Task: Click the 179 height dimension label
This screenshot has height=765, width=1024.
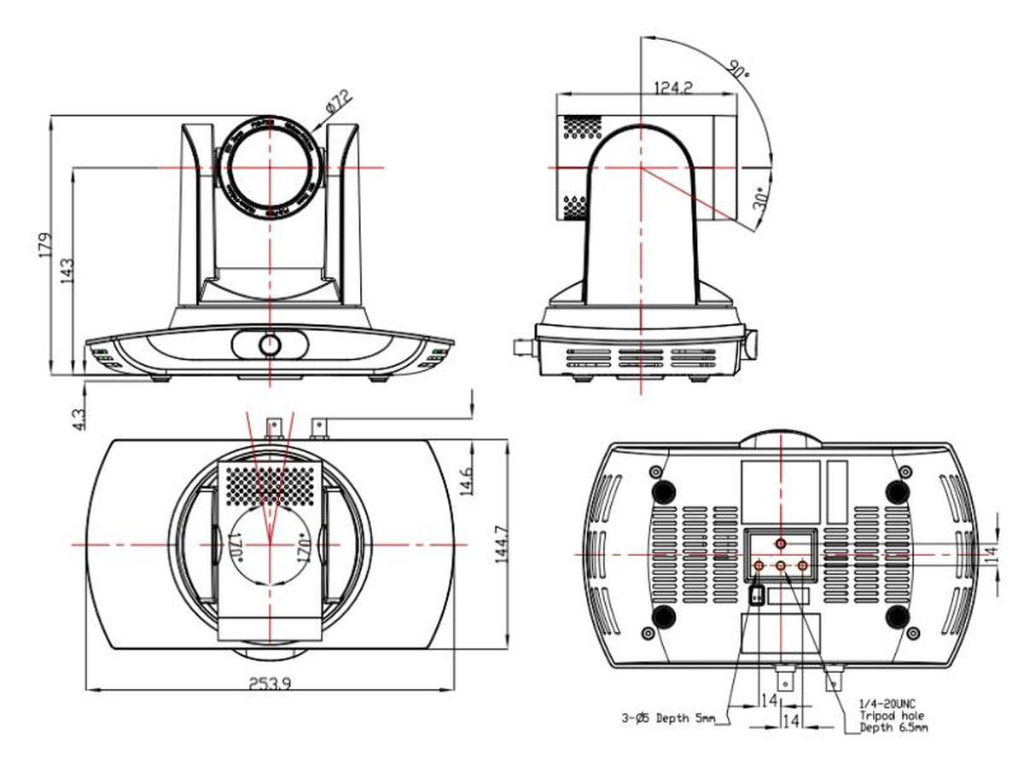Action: point(53,244)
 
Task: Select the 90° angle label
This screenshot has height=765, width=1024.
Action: point(740,68)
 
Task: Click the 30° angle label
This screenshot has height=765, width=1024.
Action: point(761,199)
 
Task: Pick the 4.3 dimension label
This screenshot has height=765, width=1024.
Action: point(79,418)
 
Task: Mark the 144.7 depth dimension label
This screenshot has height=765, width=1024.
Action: point(501,546)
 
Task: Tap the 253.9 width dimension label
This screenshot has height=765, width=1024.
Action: point(271,683)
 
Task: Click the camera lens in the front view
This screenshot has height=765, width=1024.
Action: point(269,166)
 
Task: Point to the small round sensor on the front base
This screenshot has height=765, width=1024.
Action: point(270,345)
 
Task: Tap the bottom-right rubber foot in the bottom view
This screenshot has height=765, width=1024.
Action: point(896,617)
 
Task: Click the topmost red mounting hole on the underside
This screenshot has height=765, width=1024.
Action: point(781,543)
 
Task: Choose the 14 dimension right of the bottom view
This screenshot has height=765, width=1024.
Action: point(989,553)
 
